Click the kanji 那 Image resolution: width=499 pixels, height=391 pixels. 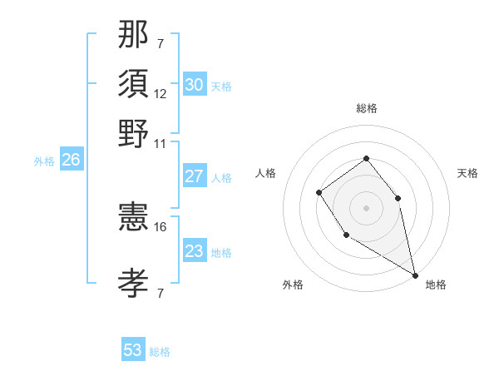134,34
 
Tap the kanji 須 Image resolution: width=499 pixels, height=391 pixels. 134,84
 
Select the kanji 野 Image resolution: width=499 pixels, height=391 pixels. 134,134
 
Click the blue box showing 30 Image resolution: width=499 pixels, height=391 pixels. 195,85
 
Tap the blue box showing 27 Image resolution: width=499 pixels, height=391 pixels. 195,176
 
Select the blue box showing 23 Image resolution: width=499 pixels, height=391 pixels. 195,251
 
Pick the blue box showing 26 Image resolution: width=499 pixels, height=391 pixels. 72,161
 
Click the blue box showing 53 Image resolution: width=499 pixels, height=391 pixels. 133,350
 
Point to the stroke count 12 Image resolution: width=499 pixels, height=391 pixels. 161,94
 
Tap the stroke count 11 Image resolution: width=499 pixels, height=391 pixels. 161,144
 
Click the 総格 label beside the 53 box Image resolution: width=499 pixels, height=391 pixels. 160,352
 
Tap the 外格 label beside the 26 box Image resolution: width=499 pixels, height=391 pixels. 44,161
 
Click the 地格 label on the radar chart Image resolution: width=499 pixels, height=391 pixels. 436,285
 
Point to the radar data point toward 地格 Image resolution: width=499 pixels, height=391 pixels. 414,275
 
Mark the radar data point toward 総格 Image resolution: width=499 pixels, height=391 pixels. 366,158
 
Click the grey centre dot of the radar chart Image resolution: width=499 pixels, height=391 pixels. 366,207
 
